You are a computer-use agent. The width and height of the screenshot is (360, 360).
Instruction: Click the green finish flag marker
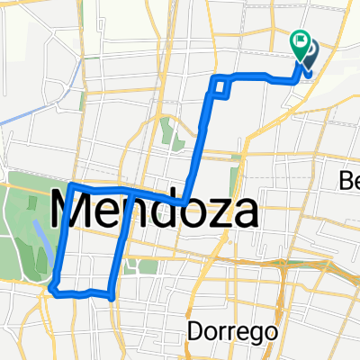[x=300, y=41]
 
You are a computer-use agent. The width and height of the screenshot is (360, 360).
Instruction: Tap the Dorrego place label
[x=221, y=332]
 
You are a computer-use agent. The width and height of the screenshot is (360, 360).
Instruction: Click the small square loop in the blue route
[x=220, y=87]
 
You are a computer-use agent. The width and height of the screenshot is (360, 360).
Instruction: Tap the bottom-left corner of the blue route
[x=54, y=289]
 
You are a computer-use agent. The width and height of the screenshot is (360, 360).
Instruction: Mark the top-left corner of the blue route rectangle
[x=70, y=185]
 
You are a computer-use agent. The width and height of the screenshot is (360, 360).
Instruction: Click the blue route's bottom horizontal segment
[x=85, y=292]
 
